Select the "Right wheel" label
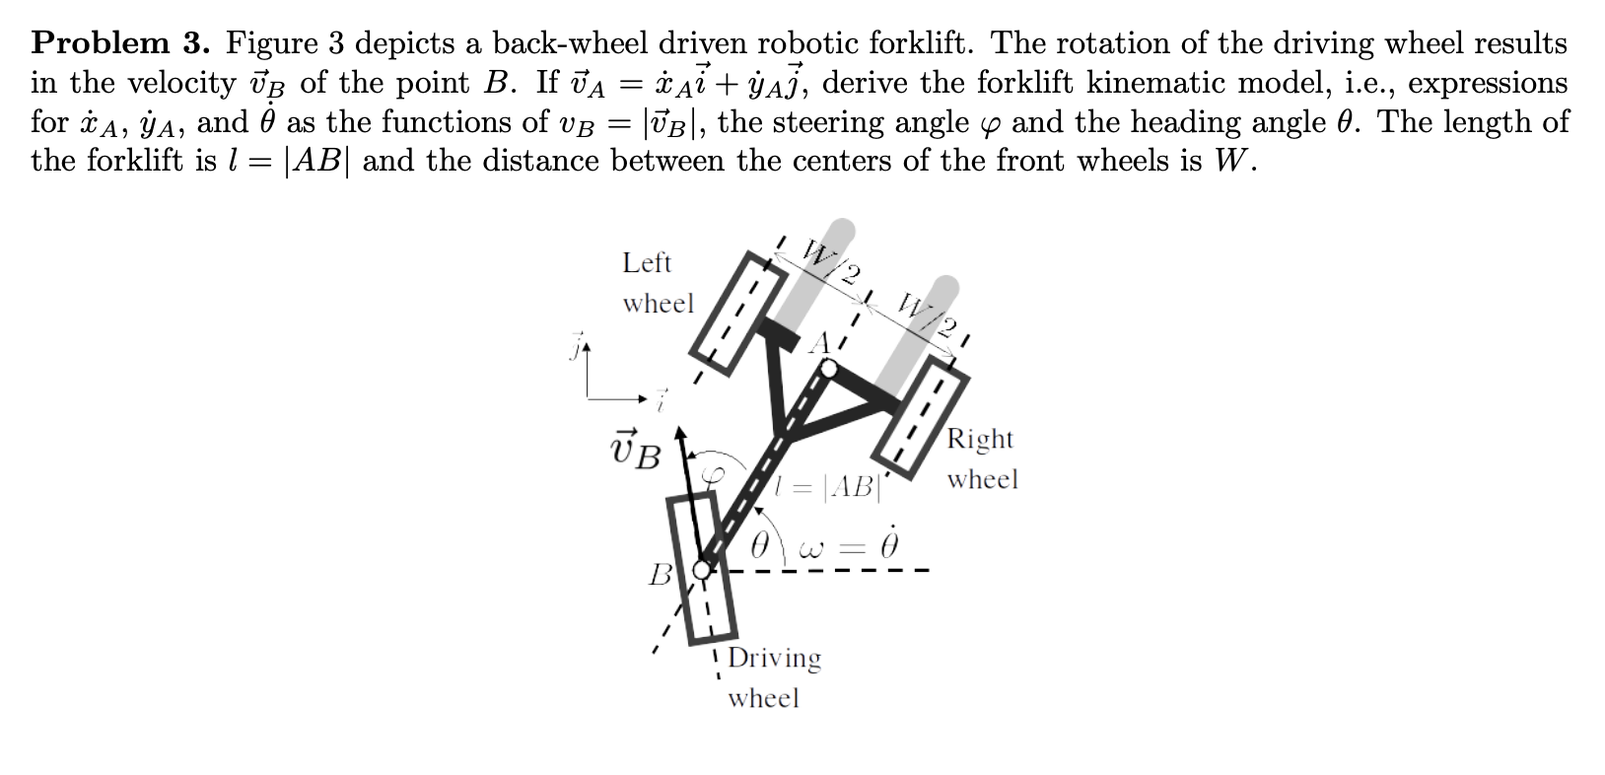981,458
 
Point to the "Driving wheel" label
773,676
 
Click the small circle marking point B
701,569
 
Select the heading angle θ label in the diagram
760,545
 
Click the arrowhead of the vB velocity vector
679,434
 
